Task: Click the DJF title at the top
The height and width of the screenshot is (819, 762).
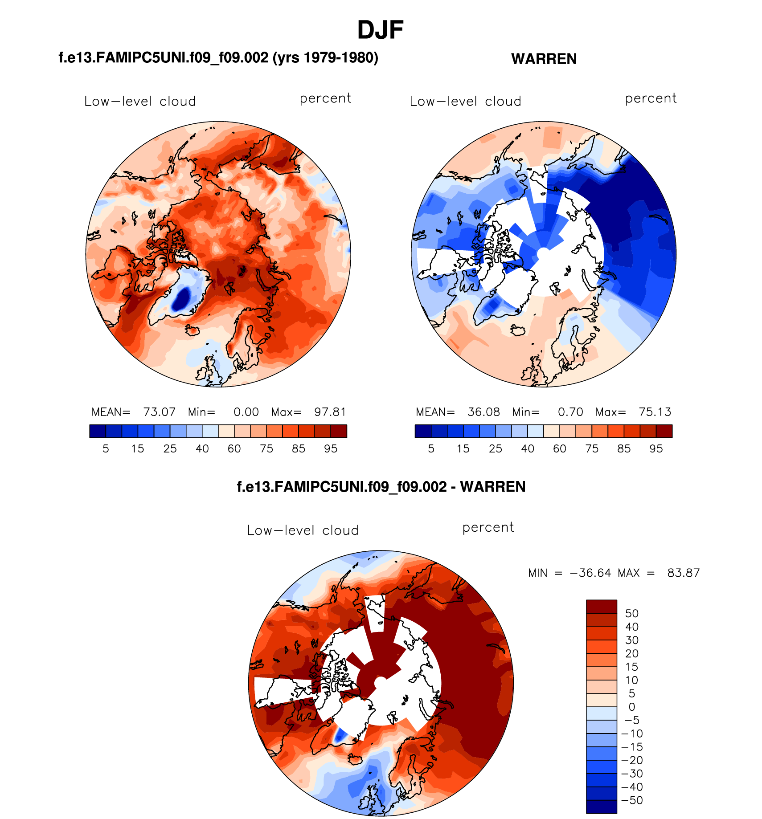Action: tap(380, 30)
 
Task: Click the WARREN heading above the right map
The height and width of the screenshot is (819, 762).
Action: tap(544, 59)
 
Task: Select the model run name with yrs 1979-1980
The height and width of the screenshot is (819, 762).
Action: tap(218, 58)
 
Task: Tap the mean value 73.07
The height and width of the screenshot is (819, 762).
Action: tap(159, 412)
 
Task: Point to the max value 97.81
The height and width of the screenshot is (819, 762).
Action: tap(330, 412)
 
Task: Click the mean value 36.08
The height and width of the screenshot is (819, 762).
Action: tap(483, 412)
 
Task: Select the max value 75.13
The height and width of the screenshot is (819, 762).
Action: tap(655, 412)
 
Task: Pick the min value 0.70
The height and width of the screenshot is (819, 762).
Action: tap(570, 412)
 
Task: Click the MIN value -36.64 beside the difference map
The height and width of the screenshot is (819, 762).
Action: tap(590, 573)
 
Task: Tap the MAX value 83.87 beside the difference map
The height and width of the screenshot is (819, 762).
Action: tap(683, 573)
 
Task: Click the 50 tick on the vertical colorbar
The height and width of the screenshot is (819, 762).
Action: tap(631, 613)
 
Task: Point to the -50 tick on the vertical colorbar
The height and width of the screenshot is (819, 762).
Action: tap(631, 800)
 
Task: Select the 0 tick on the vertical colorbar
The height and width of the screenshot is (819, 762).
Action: tap(631, 707)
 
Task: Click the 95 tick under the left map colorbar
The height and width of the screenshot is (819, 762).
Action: tap(331, 449)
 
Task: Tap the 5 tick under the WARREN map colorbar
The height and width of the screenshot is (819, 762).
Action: tap(431, 449)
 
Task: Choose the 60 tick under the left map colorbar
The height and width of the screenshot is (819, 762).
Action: tap(234, 449)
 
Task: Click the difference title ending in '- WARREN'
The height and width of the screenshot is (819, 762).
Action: tap(381, 487)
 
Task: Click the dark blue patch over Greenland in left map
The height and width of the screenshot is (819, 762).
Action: tap(182, 298)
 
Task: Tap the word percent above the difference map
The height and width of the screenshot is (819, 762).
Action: tap(488, 528)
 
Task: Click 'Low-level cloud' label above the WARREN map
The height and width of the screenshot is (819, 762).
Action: tap(465, 102)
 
